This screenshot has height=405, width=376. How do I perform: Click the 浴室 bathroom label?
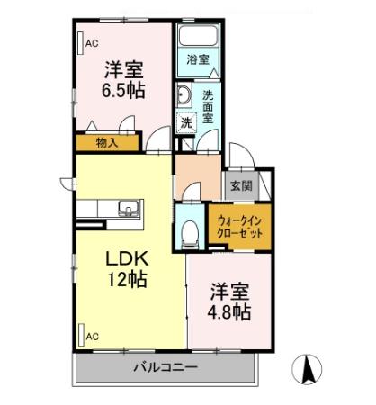coord(198,58)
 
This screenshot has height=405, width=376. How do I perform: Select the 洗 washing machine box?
coord(186,122)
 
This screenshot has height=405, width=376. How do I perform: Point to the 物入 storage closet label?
coord(107,142)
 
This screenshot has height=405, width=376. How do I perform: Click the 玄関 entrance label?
coord(240,187)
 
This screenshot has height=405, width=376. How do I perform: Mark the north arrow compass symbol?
coord(309,368)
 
